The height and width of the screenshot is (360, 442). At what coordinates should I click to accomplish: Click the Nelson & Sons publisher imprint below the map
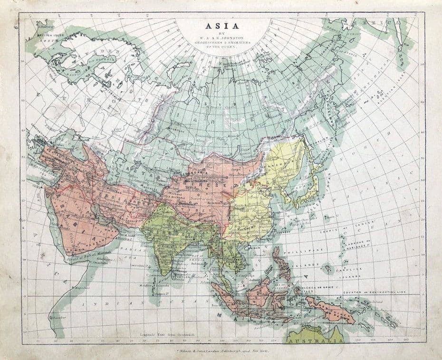point(221,350)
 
